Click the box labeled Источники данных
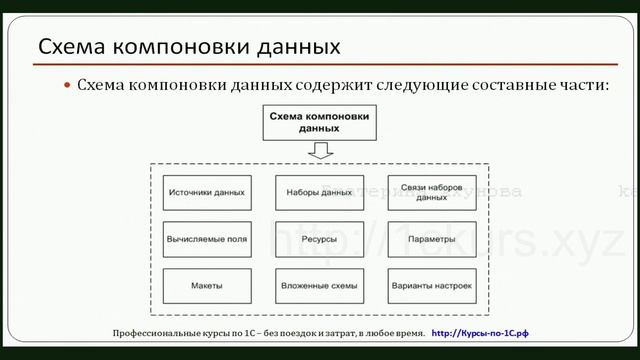[x=207, y=193]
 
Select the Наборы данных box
[x=318, y=193]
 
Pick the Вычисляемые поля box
[x=207, y=240]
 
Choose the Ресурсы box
[x=318, y=240]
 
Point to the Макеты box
[x=207, y=287]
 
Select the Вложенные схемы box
[x=318, y=287]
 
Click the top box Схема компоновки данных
[x=319, y=123]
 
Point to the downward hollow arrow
[x=319, y=151]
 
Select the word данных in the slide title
[x=295, y=47]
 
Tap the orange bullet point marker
[x=68, y=86]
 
